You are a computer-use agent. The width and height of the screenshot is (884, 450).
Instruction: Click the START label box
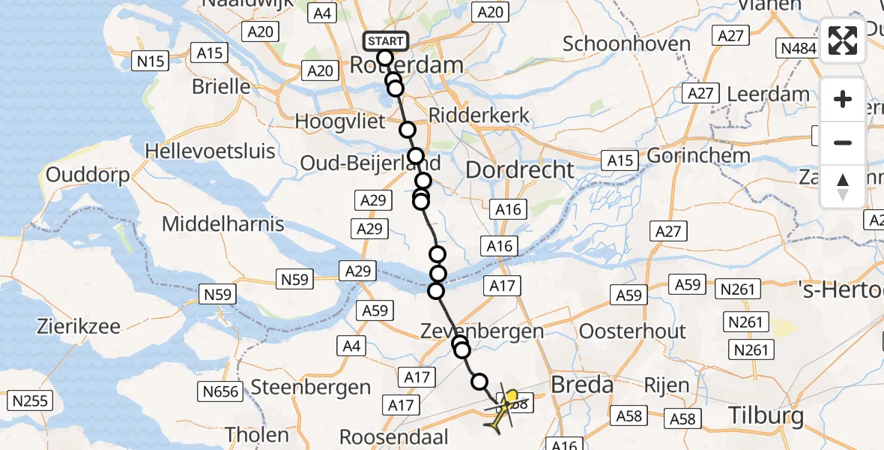coord(385,40)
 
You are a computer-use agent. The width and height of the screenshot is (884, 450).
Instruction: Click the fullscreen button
coord(843,40)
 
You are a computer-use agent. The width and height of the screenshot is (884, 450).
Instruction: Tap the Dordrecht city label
coord(520,169)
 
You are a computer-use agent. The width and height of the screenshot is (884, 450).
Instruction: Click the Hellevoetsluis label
coord(210,151)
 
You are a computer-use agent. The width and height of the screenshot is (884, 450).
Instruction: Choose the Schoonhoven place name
coord(626,43)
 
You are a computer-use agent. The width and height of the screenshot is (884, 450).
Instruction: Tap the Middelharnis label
coord(223,223)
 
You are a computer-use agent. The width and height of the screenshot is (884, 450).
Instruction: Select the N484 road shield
coord(799,49)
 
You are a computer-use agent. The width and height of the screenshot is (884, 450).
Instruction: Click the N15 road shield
coord(150,61)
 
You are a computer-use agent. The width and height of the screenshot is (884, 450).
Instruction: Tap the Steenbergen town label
coord(311,387)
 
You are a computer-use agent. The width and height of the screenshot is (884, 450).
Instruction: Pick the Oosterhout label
coord(633,331)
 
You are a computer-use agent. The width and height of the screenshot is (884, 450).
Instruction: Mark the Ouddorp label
coord(88,175)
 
